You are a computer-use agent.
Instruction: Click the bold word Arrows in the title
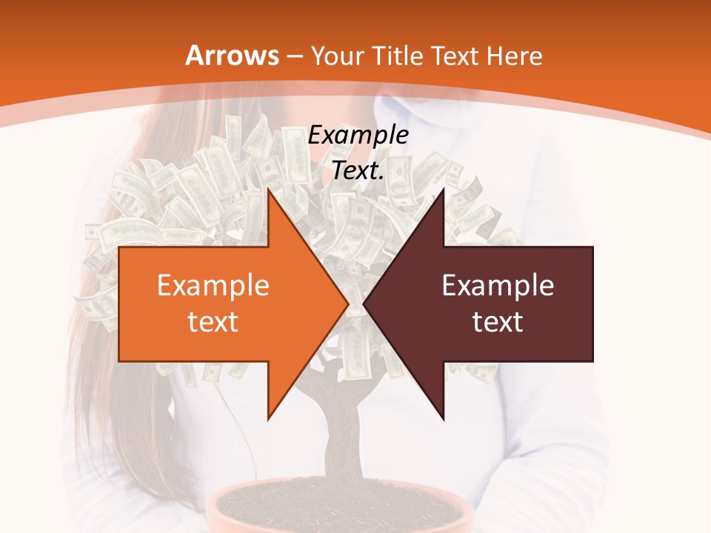(x=231, y=56)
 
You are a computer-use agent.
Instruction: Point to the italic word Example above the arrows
(x=358, y=135)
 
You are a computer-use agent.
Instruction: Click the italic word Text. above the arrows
(x=358, y=170)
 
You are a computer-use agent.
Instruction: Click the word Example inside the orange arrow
(x=213, y=286)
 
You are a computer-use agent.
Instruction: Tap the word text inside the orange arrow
(x=213, y=321)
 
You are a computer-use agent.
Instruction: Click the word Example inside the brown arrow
(x=498, y=286)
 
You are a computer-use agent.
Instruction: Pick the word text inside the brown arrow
(x=498, y=321)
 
